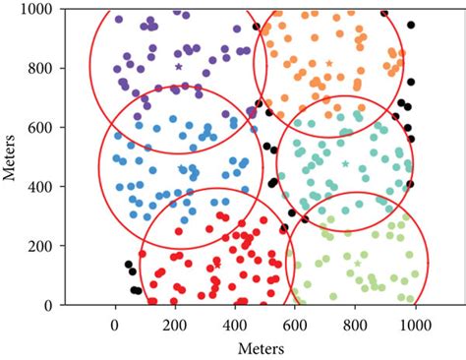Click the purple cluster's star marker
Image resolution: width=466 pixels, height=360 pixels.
(x=178, y=66)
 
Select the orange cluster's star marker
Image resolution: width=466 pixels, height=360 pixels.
(x=329, y=63)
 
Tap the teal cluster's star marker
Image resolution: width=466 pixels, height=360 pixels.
(x=344, y=163)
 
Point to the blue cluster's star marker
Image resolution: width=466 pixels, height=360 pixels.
(x=182, y=168)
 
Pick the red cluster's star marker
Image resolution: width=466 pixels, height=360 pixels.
(x=218, y=264)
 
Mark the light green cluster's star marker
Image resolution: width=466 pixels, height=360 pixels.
(x=357, y=262)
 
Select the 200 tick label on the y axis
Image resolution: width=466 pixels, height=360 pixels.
(x=43, y=246)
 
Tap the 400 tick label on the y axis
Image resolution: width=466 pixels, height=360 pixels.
(x=43, y=186)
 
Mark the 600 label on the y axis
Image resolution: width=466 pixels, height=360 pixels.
(x=43, y=127)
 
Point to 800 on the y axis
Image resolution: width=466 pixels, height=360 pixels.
(x=43, y=68)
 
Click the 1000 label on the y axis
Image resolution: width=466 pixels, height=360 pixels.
(x=40, y=9)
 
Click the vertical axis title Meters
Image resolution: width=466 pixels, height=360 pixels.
(x=10, y=157)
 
